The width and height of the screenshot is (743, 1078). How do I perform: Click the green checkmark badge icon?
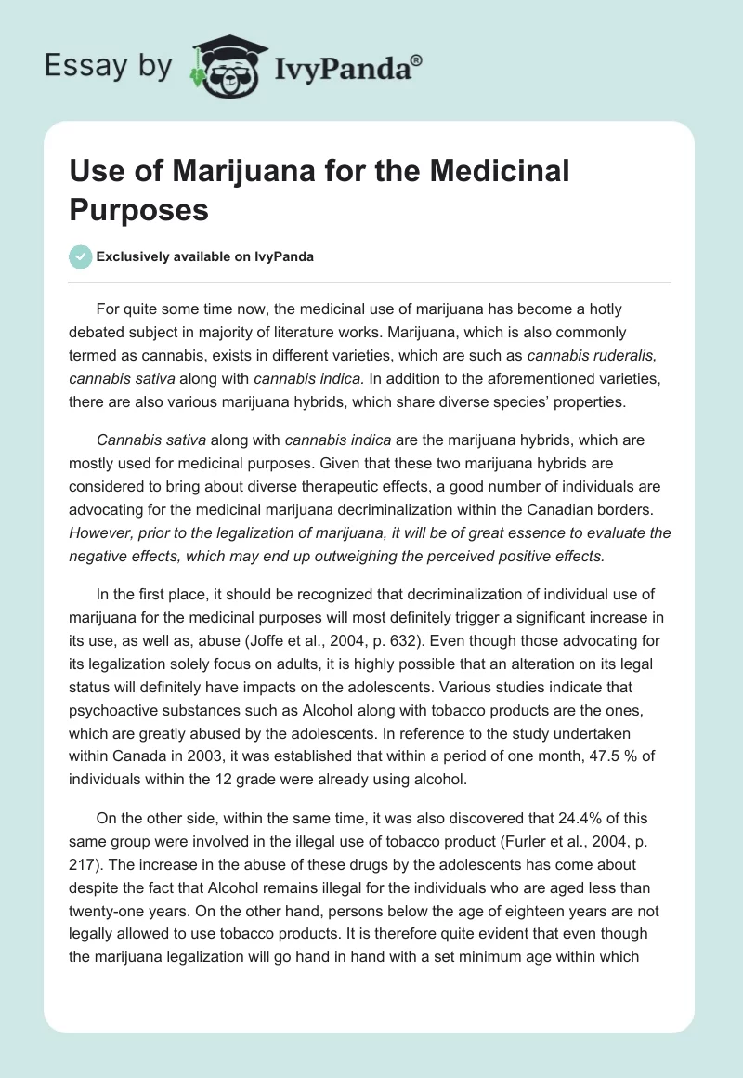[81, 256]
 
